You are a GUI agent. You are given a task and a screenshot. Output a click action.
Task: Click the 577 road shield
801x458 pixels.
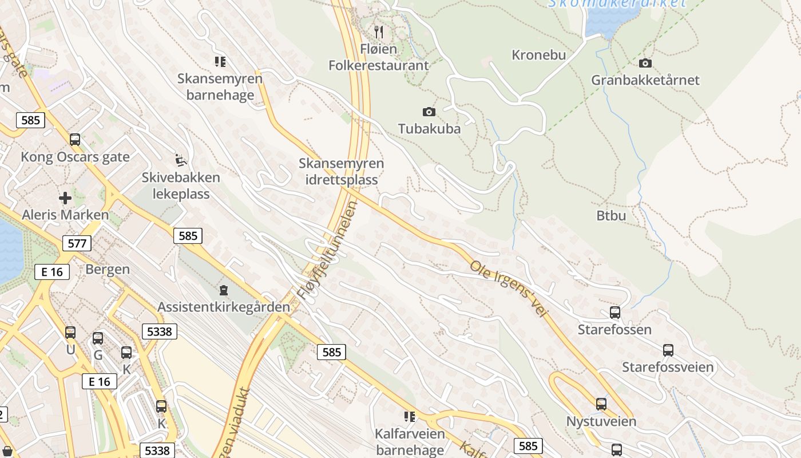pos(77,243)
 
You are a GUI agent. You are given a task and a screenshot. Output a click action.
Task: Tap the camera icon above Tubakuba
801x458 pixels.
pos(429,112)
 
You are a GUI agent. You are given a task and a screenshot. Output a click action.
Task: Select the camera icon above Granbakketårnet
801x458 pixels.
pos(645,63)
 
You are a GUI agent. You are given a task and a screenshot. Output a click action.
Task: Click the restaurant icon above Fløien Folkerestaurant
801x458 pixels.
pos(378,31)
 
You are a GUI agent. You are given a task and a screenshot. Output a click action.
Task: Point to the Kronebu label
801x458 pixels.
pos(538,55)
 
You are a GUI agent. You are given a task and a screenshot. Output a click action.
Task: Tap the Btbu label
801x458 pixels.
pos(611,216)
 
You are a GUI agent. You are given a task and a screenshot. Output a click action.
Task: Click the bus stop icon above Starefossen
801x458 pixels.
pos(615,313)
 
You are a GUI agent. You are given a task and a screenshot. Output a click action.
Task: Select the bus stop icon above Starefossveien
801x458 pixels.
pos(668,350)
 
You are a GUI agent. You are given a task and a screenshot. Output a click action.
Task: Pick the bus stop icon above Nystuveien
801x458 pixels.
pos(601,404)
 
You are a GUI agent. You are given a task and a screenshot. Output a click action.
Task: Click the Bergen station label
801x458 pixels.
pos(108,269)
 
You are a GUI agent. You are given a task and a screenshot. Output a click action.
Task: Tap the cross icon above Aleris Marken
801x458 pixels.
pos(65,198)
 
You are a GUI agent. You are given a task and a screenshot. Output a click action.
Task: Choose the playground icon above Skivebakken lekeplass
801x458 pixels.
pos(181,159)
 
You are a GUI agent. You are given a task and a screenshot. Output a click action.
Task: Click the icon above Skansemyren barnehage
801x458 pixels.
pos(220,61)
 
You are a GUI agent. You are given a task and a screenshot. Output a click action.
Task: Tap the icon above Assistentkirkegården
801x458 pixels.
pos(224,290)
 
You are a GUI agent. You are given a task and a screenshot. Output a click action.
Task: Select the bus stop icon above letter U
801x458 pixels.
pos(70,333)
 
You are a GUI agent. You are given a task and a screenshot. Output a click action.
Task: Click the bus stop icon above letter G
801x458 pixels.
pos(98,338)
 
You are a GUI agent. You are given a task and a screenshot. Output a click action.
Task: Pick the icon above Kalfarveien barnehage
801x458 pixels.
pos(410,416)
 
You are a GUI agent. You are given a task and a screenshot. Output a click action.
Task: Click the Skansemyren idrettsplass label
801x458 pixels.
pos(341,172)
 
